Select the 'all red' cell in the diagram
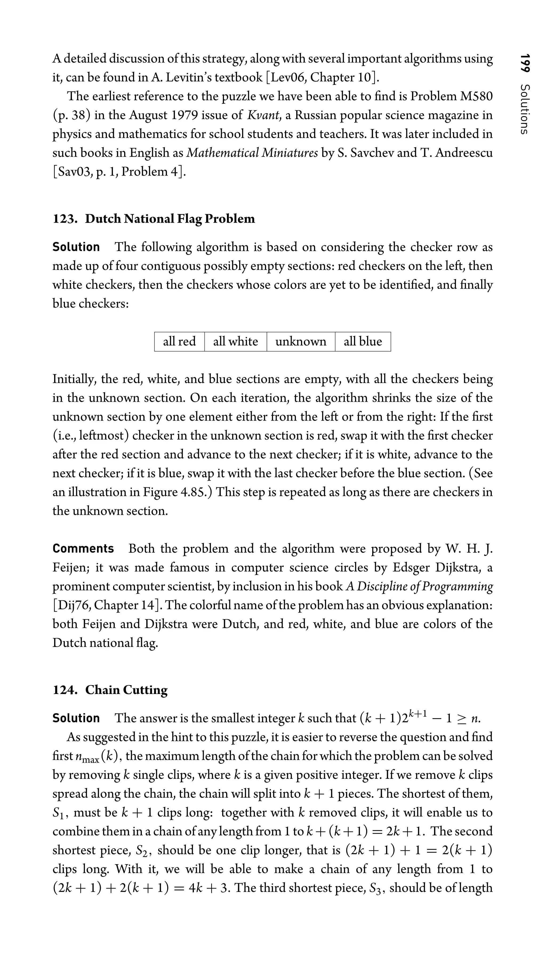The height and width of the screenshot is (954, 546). pos(179,341)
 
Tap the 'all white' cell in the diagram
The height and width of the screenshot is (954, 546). pos(235,341)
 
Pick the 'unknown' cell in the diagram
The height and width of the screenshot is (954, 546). pos(301,341)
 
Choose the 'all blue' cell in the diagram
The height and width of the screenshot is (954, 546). pos(363,341)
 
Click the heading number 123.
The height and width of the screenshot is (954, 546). pos(65,219)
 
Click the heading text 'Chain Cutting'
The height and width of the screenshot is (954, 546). pos(126,690)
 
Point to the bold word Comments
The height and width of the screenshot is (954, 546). pos(83,548)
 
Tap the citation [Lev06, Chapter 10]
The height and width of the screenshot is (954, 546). pos(323,78)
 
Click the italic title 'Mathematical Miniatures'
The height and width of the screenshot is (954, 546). pos(252,153)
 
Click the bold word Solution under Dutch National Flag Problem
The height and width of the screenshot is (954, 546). pos(76,247)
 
